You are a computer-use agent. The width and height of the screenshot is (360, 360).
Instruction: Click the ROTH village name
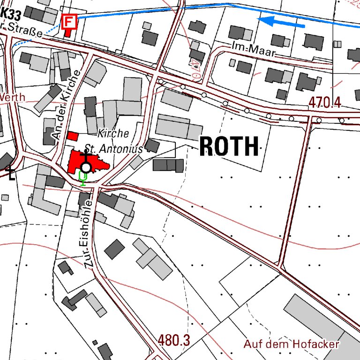229,147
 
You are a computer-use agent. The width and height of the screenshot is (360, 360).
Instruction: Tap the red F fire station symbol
69,21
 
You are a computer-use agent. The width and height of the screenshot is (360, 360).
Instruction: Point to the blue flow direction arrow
281,21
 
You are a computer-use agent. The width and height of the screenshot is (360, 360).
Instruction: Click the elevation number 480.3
173,341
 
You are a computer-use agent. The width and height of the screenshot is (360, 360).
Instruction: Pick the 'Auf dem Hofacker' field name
291,345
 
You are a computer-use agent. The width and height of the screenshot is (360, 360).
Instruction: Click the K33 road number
10,15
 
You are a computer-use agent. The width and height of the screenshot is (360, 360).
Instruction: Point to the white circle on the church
86,167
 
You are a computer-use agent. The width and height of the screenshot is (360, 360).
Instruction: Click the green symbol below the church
83,178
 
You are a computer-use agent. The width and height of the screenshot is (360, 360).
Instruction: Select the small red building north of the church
72,136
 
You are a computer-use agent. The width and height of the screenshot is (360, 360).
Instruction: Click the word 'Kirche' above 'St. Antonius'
113,134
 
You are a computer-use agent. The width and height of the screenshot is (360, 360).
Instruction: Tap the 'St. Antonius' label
112,149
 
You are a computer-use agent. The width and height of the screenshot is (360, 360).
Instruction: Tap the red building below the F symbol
68,32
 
